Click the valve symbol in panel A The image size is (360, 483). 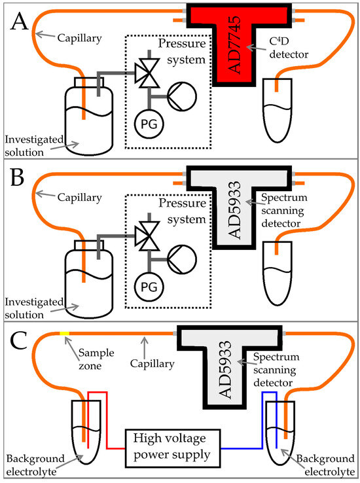click(149, 75)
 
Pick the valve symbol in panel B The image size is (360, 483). click(149, 235)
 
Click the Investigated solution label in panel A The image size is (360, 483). click(33, 145)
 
